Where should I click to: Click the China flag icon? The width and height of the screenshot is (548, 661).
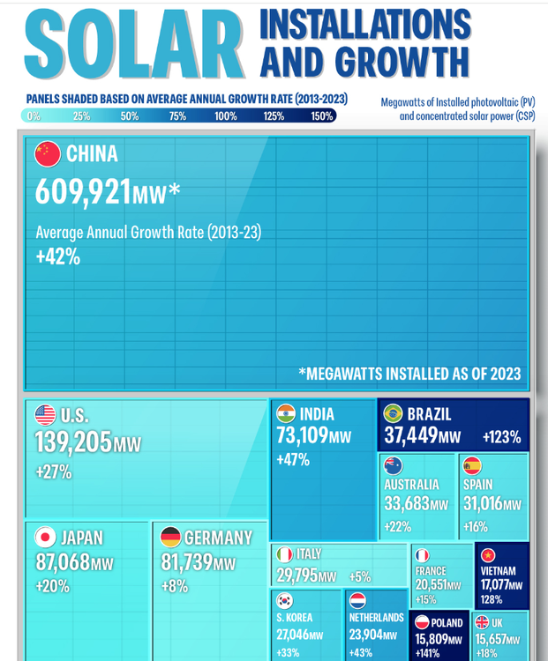(48, 154)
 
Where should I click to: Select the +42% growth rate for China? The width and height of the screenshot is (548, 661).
(58, 256)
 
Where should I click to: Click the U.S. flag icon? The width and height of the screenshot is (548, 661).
(45, 415)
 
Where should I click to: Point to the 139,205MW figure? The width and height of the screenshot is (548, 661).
(87, 442)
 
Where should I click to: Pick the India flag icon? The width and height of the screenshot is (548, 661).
(285, 414)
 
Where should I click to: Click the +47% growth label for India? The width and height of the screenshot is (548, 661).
(291, 460)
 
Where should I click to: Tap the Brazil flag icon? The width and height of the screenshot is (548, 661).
(393, 413)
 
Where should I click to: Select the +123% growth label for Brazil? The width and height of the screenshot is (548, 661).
(501, 437)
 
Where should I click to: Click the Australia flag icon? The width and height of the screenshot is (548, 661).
(394, 465)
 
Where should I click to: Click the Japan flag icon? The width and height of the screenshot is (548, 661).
(45, 537)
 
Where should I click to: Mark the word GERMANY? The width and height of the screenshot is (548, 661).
(218, 538)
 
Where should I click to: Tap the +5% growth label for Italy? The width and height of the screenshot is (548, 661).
(359, 577)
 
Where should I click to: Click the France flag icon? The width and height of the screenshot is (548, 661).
(422, 555)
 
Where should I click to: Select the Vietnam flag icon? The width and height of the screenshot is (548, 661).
(488, 555)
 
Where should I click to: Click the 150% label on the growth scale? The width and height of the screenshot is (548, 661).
(321, 116)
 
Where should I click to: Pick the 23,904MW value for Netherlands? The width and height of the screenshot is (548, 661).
(372, 635)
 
